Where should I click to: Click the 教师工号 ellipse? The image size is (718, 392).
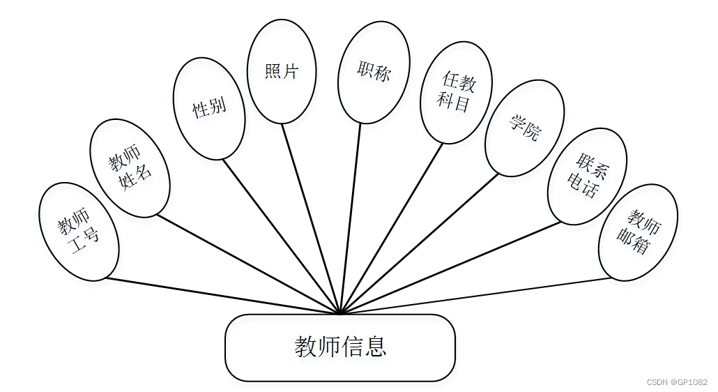click(79, 232)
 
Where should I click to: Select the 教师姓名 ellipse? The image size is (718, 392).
click(130, 167)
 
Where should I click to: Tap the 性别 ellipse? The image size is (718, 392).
click(209, 108)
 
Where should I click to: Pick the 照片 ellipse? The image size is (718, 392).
click(282, 71)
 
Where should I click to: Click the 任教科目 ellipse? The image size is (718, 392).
click(457, 93)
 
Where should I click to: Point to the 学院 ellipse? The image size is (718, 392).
click(524, 128)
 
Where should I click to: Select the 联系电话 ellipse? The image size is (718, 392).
click(587, 176)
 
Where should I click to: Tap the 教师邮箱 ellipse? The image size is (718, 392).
click(638, 232)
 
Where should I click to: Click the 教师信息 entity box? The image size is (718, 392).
click(339, 347)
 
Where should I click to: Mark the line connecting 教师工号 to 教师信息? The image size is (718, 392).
click(223, 296)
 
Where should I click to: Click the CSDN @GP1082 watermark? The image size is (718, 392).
click(677, 382)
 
